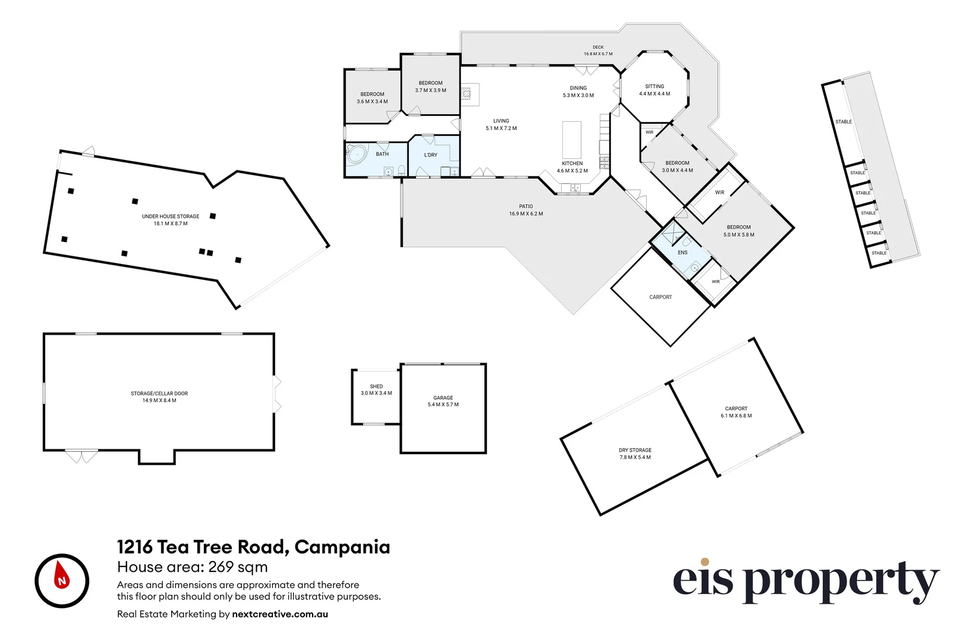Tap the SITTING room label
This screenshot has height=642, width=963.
pos(654,86)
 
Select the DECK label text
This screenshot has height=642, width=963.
pos(598,48)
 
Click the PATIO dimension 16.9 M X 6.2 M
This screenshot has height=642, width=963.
pos(525,214)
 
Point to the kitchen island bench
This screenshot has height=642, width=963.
pos(572,140)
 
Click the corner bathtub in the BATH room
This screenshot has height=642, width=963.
pos(357,154)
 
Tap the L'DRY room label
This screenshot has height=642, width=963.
pos(430,155)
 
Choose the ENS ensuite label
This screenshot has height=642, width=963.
pos(682,253)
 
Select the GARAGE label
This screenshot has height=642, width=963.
pos(443,398)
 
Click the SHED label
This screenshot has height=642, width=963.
pos(376,386)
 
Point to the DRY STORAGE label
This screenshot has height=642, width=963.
pos(635,450)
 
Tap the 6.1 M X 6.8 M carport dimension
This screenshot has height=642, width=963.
pos(736,416)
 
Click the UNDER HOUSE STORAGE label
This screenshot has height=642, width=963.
pos(171,216)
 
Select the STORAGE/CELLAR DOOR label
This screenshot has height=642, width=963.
pos(159,394)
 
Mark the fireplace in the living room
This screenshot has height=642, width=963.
pos(466,93)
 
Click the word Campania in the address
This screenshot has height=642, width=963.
pos(342,547)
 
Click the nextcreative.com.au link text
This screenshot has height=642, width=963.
pos(280,614)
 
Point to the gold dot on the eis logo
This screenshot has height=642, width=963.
pos(704,562)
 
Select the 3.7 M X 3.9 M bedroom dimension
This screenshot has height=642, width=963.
pos(430,90)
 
